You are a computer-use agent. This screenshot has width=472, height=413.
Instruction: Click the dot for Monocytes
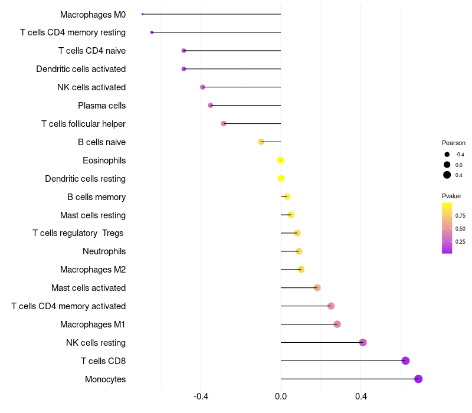click(x=418, y=379)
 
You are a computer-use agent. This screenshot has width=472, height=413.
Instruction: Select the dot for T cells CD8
click(x=405, y=360)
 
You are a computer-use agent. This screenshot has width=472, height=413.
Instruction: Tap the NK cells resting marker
click(x=363, y=342)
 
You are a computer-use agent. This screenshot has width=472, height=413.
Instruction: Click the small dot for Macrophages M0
click(x=143, y=14)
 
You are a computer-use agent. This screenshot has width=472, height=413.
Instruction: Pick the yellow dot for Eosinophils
click(x=281, y=160)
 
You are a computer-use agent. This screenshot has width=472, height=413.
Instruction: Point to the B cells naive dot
click(x=261, y=142)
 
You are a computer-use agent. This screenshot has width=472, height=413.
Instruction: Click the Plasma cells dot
click(x=211, y=106)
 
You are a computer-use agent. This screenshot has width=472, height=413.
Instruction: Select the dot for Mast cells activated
click(x=317, y=288)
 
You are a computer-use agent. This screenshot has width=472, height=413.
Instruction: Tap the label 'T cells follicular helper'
click(x=83, y=124)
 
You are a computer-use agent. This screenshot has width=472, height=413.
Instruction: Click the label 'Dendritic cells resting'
click(x=85, y=179)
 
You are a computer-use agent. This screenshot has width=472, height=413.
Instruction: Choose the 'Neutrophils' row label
click(x=104, y=251)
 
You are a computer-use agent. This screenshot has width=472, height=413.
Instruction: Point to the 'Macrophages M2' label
click(x=93, y=270)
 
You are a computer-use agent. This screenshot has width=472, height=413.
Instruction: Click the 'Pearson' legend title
click(x=453, y=143)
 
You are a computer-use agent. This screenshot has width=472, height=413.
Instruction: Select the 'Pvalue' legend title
click(x=451, y=196)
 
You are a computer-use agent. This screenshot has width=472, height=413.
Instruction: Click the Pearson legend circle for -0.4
click(x=447, y=155)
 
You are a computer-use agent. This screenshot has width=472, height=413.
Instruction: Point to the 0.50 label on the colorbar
click(x=460, y=228)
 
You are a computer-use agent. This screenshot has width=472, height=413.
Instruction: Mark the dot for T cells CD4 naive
click(x=183, y=51)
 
